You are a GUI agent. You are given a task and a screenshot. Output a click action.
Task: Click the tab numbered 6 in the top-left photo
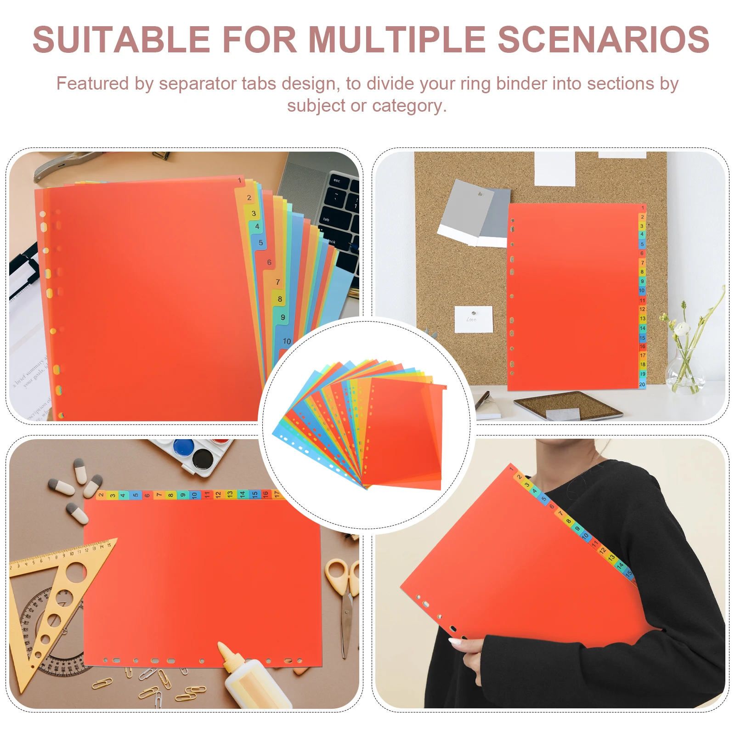[269, 262]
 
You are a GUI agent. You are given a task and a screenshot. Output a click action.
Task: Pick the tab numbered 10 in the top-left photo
[287, 341]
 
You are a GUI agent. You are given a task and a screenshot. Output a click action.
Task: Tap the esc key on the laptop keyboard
[337, 181]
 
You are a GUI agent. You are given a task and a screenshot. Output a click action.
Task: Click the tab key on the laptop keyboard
[327, 219]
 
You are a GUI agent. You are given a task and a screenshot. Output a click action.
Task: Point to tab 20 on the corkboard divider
[642, 384]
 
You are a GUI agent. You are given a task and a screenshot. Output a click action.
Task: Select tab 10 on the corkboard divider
[642, 291]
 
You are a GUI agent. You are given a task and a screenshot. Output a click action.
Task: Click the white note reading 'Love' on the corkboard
[473, 319]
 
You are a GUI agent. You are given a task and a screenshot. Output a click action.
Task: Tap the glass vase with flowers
[684, 367]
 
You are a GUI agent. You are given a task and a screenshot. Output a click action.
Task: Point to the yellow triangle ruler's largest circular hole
[75, 572]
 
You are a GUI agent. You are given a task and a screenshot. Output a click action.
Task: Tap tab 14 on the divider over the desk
[242, 495]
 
